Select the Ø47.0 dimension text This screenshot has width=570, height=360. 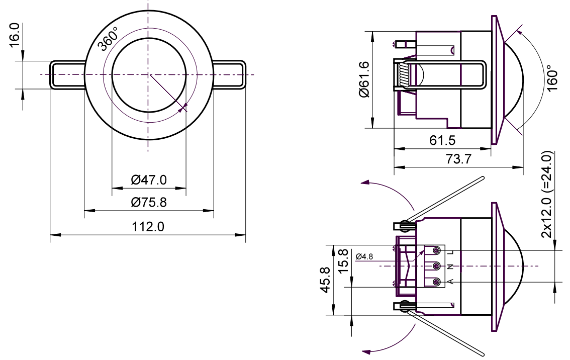click(149, 179)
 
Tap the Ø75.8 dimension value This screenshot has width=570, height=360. click(149, 202)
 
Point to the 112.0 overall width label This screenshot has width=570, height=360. click(148, 227)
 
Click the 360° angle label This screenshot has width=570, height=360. click(109, 39)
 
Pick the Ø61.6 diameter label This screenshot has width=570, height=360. click(364, 79)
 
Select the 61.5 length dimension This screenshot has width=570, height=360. click(442, 140)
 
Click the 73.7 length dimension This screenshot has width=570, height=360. click(458, 159)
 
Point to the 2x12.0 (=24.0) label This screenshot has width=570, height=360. click(547, 194)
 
